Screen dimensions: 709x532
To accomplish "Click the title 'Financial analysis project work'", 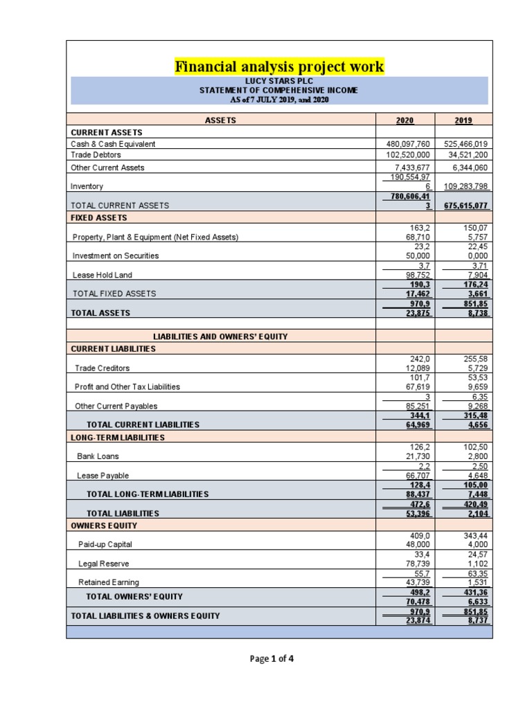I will click(x=279, y=67).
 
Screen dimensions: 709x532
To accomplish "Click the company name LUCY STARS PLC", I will click(x=278, y=81).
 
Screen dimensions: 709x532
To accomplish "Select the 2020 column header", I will click(x=405, y=120).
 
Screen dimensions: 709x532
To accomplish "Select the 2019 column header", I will click(x=463, y=120).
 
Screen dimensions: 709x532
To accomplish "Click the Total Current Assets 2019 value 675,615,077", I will click(x=463, y=206).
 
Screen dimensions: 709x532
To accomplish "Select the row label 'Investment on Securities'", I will click(x=116, y=255).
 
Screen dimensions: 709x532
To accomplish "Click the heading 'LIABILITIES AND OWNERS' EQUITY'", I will click(x=220, y=336).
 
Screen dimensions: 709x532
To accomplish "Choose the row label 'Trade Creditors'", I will click(x=102, y=368).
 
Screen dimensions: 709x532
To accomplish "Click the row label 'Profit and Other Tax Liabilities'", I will click(x=127, y=386).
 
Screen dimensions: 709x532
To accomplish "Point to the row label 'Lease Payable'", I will click(x=103, y=476).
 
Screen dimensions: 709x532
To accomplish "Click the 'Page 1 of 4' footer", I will click(x=272, y=658).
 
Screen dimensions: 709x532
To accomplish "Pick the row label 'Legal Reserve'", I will click(x=104, y=564).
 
